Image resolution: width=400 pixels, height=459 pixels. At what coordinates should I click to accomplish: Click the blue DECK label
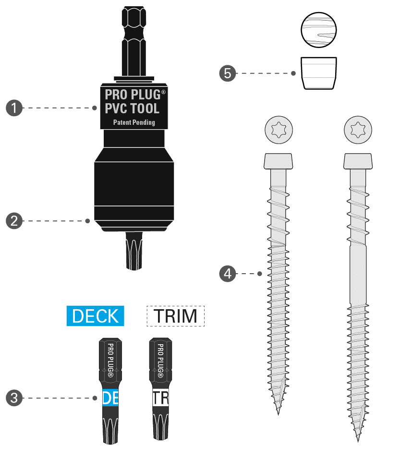tap(95, 316)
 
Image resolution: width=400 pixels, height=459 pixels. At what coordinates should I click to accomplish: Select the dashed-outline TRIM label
tap(175, 316)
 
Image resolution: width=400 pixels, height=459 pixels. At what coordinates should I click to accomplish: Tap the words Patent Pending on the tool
tap(134, 122)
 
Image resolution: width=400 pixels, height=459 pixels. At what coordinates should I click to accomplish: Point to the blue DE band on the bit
tap(110, 398)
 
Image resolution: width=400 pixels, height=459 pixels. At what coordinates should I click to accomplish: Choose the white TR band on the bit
tap(160, 398)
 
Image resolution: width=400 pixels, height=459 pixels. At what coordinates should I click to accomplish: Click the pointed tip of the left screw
tap(278, 413)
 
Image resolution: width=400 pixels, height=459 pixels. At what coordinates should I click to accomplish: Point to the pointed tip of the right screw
tap(358, 439)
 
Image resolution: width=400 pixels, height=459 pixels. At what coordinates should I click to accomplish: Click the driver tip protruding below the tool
tap(134, 251)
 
